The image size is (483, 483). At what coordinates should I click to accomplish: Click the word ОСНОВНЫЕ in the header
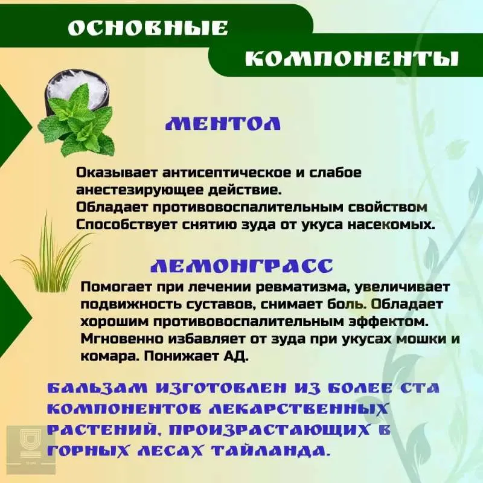pos(148,28)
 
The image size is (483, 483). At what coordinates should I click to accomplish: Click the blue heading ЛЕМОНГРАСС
pos(242,266)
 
